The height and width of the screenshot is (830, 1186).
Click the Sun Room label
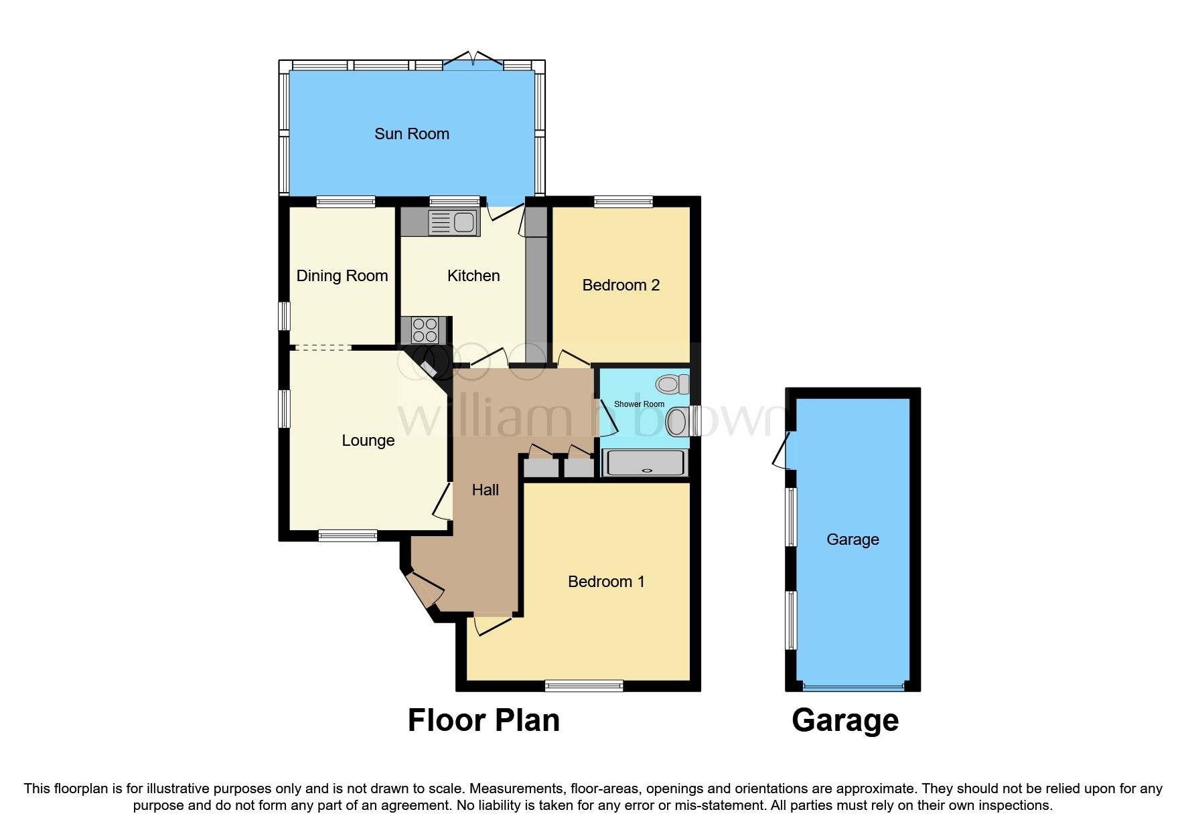(411, 134)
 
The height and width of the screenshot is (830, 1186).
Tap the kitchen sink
(453, 222)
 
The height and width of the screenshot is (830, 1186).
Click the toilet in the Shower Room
(672, 384)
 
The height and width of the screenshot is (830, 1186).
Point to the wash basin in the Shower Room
(678, 422)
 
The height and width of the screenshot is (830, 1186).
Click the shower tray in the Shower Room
(646, 463)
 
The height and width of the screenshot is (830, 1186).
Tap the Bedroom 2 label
(621, 285)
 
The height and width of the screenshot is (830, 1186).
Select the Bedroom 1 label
(606, 582)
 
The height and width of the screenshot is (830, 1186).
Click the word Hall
(485, 490)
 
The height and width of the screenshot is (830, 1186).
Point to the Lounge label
(368, 440)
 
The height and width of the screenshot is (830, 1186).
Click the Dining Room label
(342, 276)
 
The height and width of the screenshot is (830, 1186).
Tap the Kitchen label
(473, 276)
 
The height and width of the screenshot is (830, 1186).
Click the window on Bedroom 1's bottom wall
(583, 685)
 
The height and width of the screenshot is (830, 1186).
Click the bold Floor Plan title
(484, 721)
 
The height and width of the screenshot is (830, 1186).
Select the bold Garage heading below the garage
(844, 721)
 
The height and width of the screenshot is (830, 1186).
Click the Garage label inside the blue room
(852, 539)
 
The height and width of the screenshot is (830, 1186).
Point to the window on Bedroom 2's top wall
(623, 201)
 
